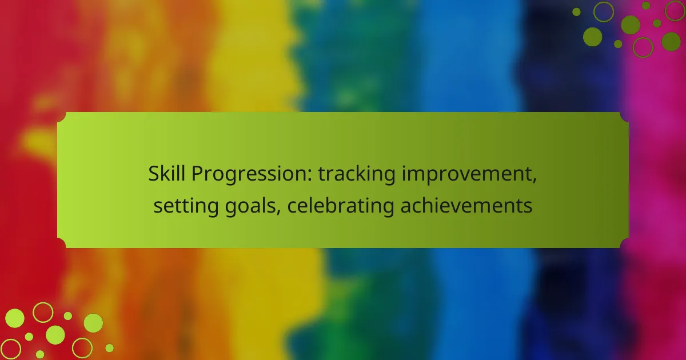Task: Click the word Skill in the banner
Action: coord(166,174)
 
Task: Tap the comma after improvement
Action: coord(535,181)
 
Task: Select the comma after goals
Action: coord(278,213)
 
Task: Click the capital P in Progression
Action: coord(198,174)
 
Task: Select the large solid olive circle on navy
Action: coord(593,37)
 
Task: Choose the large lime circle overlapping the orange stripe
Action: coord(93,323)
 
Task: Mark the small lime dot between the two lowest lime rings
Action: coord(40,354)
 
